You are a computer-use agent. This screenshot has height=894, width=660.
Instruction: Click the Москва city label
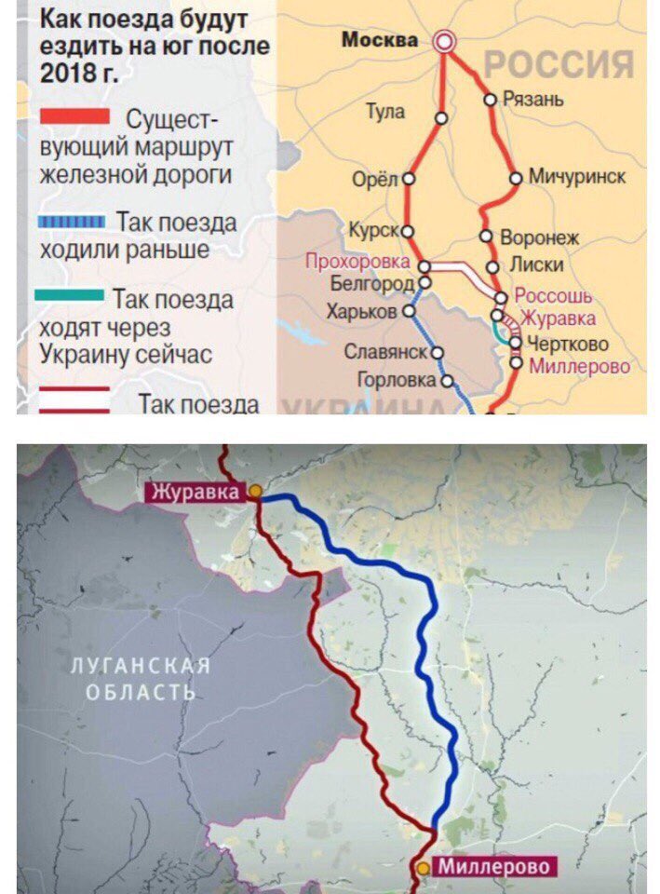tap(380, 40)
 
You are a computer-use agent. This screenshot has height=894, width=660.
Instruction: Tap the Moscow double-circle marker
tap(445, 40)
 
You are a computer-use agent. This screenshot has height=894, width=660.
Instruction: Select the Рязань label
tap(532, 99)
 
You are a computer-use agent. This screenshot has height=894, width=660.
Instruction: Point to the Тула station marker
tap(440, 119)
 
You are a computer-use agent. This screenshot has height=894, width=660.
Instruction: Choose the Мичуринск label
tap(577, 176)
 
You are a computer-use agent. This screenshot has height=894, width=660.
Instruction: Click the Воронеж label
tap(540, 237)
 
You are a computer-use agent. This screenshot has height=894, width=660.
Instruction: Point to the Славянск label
tap(385, 352)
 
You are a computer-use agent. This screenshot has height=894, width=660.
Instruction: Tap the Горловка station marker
tap(446, 380)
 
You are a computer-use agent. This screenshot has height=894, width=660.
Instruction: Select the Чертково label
tap(568, 343)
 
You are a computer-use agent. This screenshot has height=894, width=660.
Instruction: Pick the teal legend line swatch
tap(69, 295)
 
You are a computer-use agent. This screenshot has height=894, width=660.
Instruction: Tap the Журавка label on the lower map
tap(197, 491)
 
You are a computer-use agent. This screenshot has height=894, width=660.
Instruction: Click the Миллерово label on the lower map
tap(494, 866)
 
